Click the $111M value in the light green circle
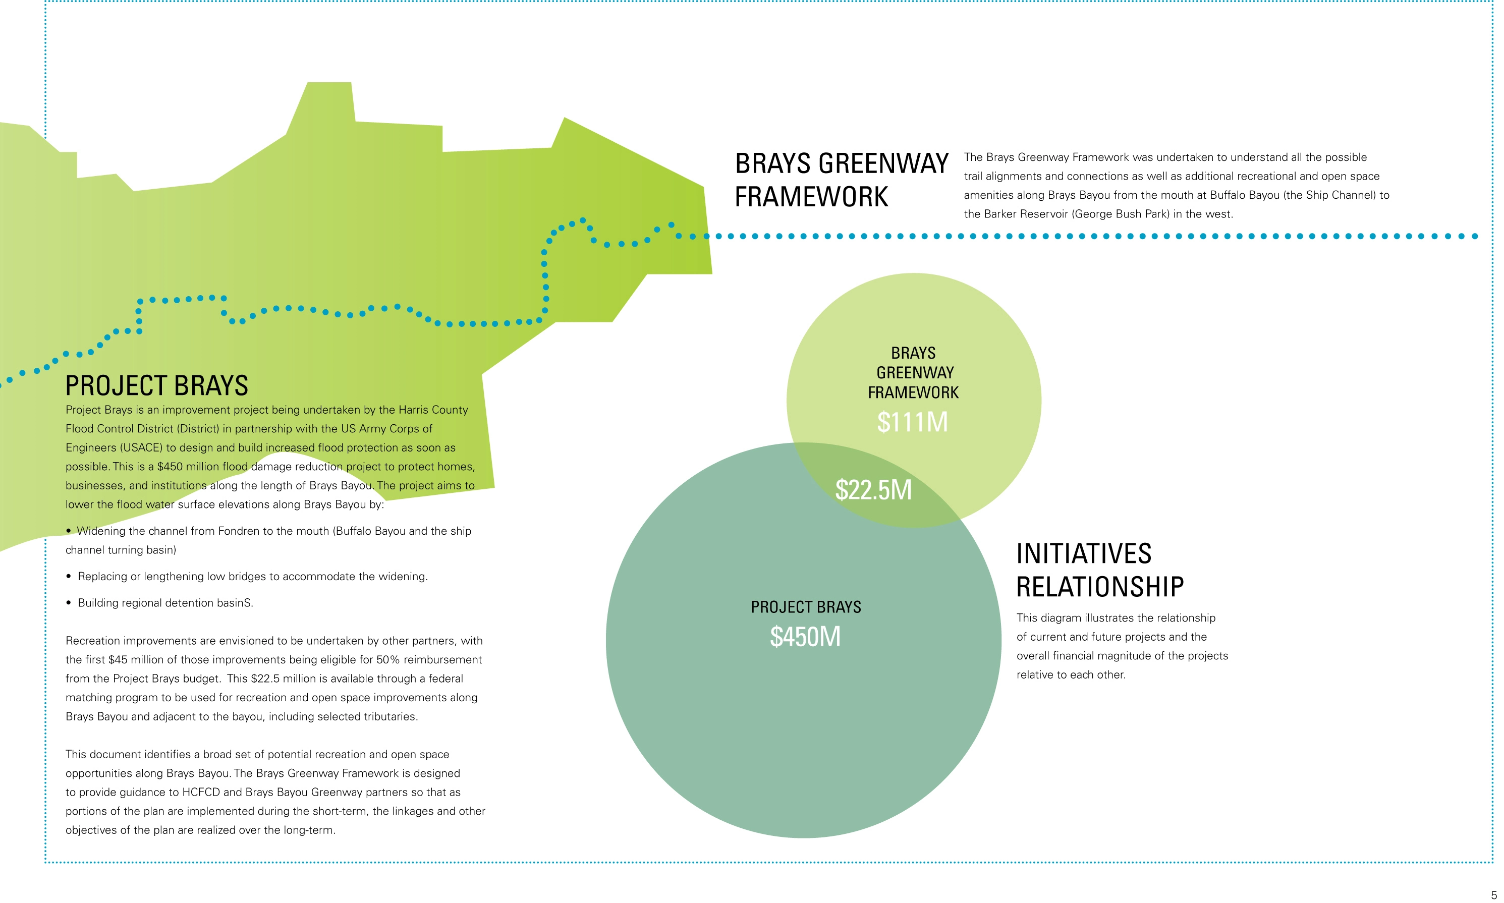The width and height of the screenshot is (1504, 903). pyautogui.click(x=912, y=422)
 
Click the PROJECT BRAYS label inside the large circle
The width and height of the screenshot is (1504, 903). pyautogui.click(x=806, y=607)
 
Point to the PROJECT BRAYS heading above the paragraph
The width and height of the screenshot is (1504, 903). pyautogui.click(x=156, y=386)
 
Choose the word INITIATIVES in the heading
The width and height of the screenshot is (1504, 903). pyautogui.click(x=1084, y=554)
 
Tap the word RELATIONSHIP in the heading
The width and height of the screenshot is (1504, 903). pyautogui.click(x=1100, y=587)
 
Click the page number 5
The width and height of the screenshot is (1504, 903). pyautogui.click(x=1493, y=895)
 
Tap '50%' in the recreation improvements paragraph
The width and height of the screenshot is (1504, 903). pyautogui.click(x=387, y=660)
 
